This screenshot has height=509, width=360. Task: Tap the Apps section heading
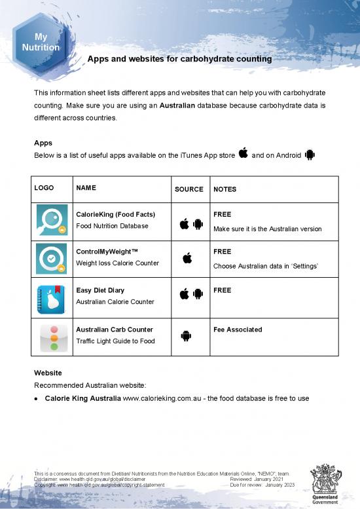[43, 142]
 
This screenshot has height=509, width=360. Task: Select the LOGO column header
[45, 188]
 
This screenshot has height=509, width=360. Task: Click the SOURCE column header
[189, 189]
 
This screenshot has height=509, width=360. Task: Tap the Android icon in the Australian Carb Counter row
[186, 336]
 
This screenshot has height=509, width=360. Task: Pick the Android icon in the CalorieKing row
[198, 225]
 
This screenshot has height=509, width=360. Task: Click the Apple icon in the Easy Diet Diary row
[184, 293]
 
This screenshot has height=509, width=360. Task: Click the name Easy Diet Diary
[100, 290]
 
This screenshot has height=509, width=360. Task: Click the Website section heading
[48, 373]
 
